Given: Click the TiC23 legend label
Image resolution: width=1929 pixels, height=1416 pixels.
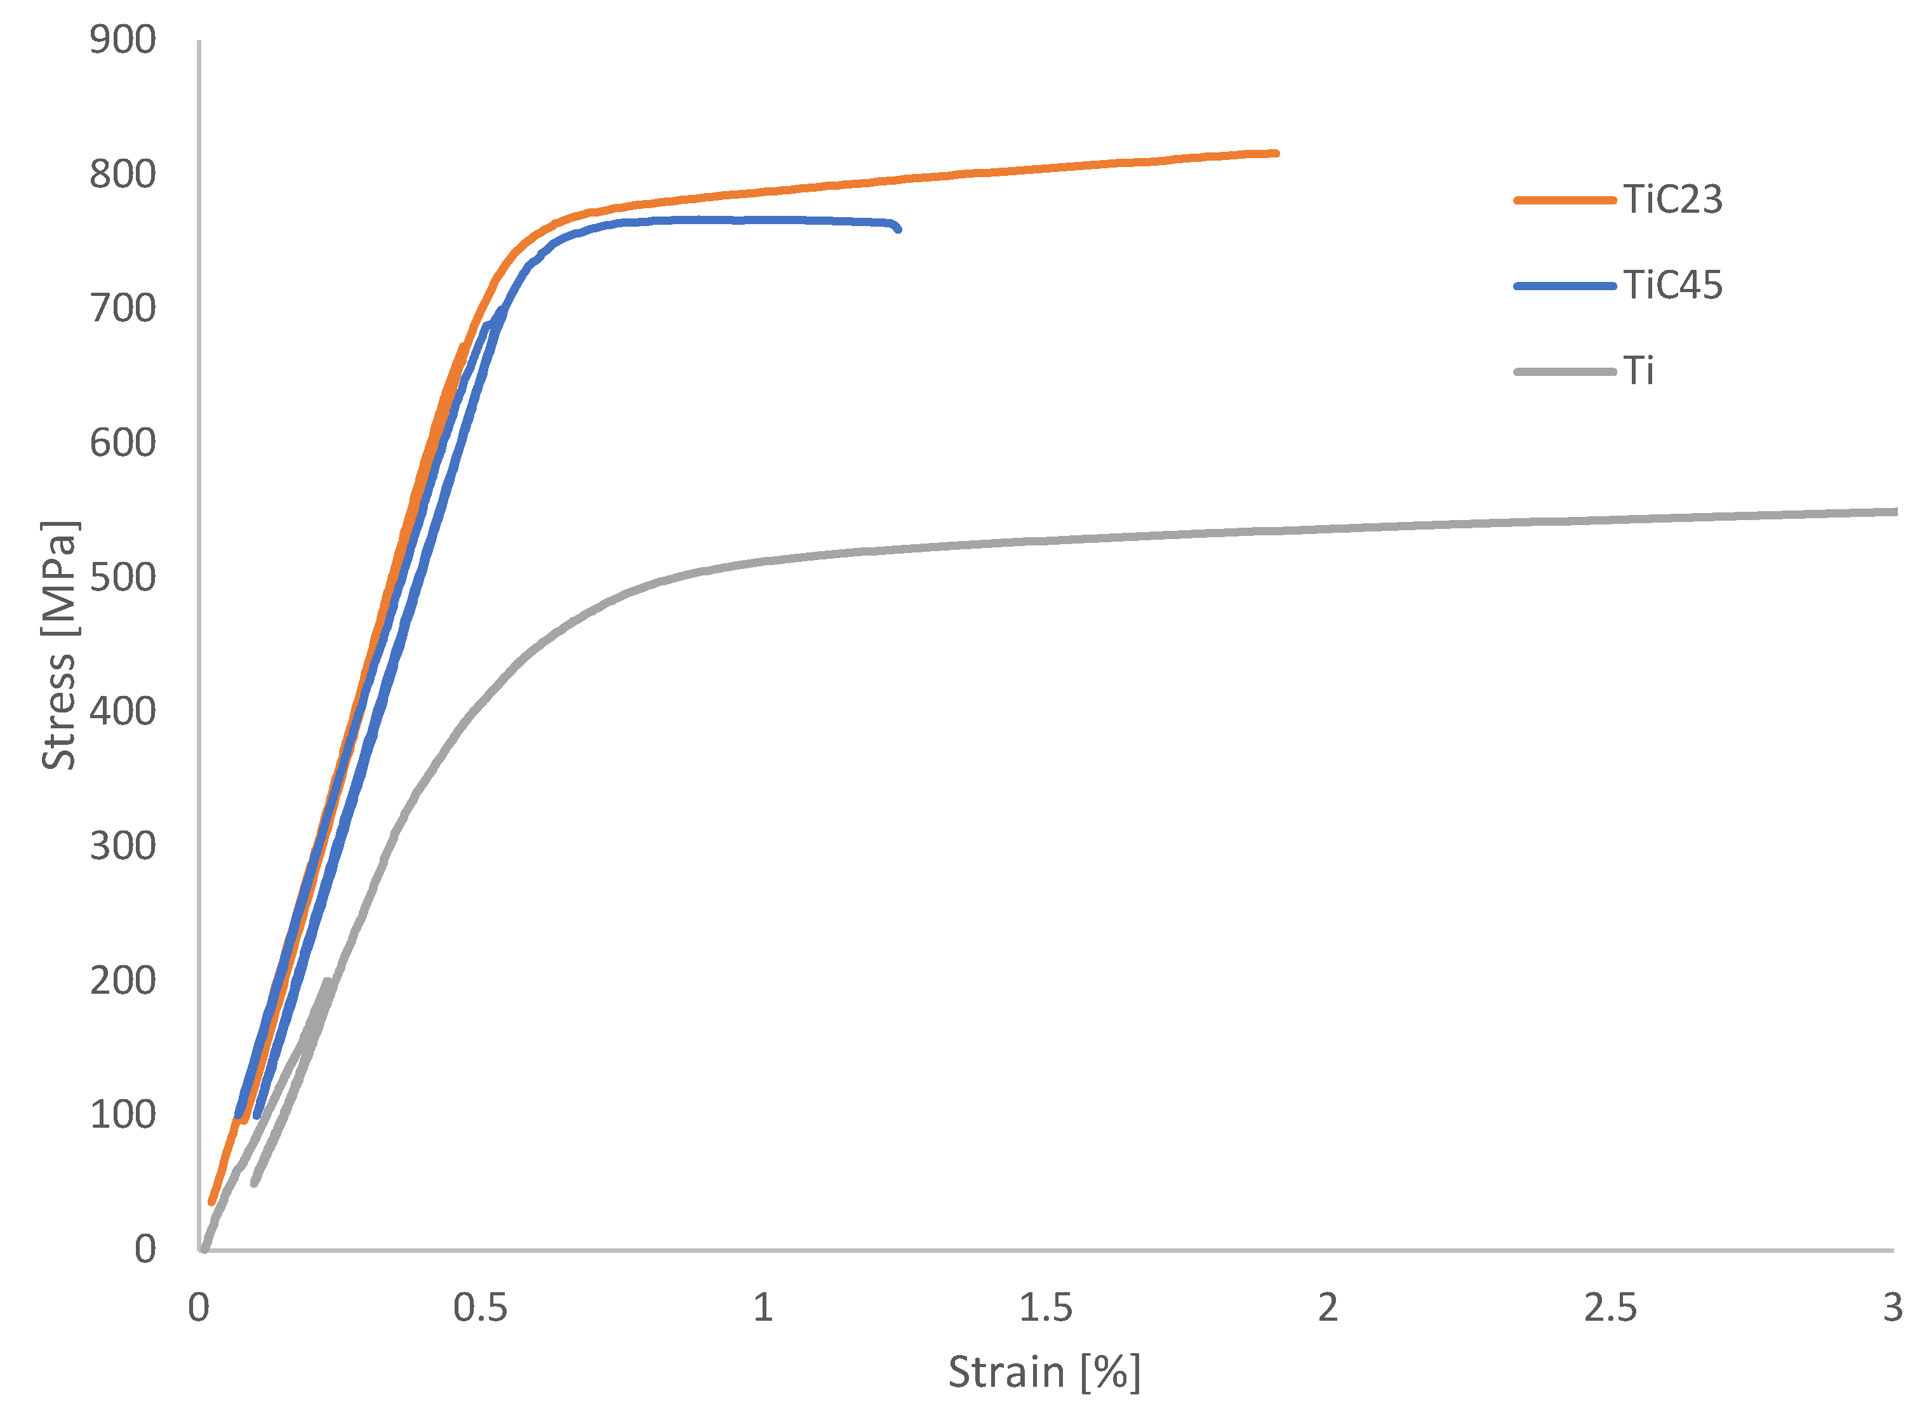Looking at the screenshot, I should tap(1671, 200).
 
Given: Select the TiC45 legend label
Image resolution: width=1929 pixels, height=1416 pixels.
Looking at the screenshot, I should tap(1671, 286).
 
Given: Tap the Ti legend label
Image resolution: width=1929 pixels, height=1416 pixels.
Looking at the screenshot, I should tap(1638, 371).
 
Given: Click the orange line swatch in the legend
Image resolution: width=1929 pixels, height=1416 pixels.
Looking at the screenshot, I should tap(1564, 200).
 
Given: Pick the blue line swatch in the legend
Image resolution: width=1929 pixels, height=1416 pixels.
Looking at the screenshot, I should tap(1564, 286).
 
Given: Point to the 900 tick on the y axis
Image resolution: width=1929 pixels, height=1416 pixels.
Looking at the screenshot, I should tap(123, 40).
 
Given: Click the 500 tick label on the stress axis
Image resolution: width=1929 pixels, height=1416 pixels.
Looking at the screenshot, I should tap(123, 578).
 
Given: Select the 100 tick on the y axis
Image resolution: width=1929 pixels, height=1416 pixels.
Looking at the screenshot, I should tap(123, 1115).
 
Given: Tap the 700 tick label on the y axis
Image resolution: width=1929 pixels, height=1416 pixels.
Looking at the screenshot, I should tap(123, 309).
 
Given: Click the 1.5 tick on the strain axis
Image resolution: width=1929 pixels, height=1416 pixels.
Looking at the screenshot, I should tap(1045, 1308).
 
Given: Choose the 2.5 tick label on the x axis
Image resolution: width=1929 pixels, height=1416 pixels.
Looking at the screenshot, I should tap(1610, 1308).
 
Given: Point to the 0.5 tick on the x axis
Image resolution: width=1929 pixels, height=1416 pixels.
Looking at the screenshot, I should tap(480, 1308).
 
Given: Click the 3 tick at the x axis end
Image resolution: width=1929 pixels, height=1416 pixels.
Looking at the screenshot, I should tap(1892, 1308).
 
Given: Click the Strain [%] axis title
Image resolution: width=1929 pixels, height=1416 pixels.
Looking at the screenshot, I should tap(1044, 1372).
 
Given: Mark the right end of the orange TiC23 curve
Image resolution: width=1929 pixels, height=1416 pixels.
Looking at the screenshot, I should tap(1276, 154).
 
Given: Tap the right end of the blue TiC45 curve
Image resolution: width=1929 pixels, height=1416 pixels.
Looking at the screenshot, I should tap(897, 229).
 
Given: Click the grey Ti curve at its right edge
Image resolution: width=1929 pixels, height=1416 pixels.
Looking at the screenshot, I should tap(1895, 512).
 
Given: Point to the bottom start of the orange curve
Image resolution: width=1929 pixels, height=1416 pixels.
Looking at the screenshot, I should tap(211, 1203).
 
